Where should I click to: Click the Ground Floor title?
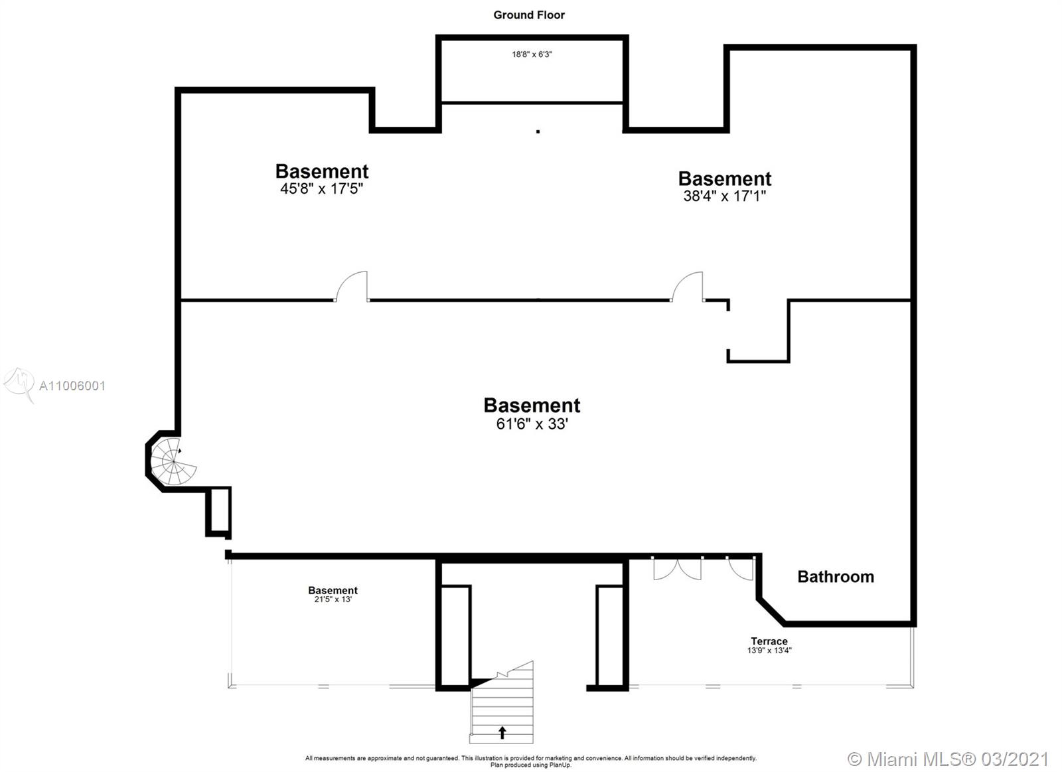[x=529, y=15]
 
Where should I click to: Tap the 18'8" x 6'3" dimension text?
[x=532, y=54]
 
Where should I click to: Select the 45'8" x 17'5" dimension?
[x=322, y=189]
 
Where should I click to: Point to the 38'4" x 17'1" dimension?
[x=725, y=196]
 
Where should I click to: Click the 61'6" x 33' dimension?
[x=532, y=424]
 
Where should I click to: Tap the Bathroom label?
[x=836, y=576]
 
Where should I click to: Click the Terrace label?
[x=769, y=641]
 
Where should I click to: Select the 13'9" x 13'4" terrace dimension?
[x=769, y=651]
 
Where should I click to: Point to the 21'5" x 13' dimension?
[x=333, y=599]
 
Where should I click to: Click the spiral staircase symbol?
[x=173, y=459]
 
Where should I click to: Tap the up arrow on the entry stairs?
[x=502, y=733]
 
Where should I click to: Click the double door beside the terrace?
[x=677, y=568]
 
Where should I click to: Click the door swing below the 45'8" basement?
[x=352, y=287]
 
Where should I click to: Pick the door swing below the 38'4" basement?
[x=688, y=287]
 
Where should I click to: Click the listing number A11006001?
[x=72, y=386]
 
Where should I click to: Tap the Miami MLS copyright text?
[x=948, y=759]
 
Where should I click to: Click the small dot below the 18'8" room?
[x=538, y=131]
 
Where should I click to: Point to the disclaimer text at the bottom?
[x=530, y=761]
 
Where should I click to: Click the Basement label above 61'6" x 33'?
[x=532, y=405]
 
